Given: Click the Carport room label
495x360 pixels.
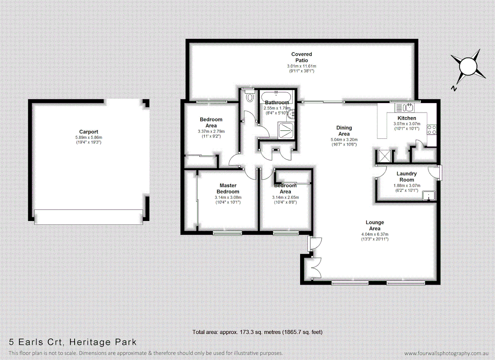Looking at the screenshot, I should tap(89, 132).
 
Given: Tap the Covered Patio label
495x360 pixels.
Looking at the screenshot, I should tap(301, 57).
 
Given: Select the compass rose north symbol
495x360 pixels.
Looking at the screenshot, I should tap(468, 67).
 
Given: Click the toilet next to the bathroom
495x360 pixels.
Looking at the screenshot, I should tap(250, 97).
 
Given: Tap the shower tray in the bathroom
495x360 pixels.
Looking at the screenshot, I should tap(286, 131).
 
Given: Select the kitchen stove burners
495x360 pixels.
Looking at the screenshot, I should tap(432, 130).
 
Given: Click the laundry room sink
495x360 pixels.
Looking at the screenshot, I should tap(429, 196).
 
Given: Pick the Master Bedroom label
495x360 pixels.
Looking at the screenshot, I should tap(228, 188).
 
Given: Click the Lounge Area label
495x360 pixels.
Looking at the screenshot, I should tap(375, 225).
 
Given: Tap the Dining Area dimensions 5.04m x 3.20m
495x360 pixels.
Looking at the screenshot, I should tap(344, 140).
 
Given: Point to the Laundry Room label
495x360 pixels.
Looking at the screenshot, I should tap(406, 177).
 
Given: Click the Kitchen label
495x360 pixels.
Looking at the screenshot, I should tap(407, 118).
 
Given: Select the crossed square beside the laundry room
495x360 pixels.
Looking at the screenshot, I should tap(384, 156).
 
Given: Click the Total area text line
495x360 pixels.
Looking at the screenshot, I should tap(257, 332).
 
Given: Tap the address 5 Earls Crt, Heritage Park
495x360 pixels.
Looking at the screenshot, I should tap(73, 342).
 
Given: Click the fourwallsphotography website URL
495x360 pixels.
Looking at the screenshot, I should tap(446, 353).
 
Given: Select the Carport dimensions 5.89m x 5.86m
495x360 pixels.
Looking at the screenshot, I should tap(89, 137).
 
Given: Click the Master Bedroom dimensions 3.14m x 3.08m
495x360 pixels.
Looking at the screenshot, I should tap(228, 197).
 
